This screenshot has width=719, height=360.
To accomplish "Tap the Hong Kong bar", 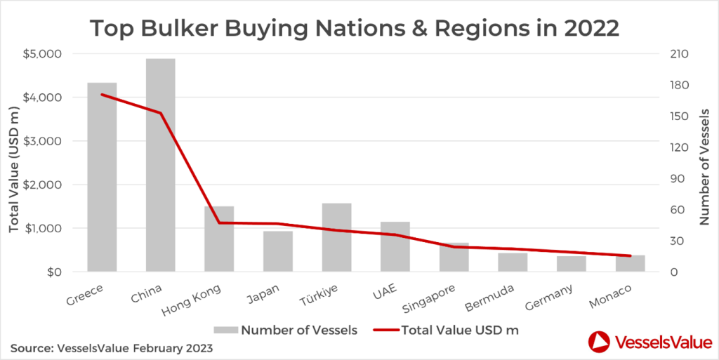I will tap(219, 239).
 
